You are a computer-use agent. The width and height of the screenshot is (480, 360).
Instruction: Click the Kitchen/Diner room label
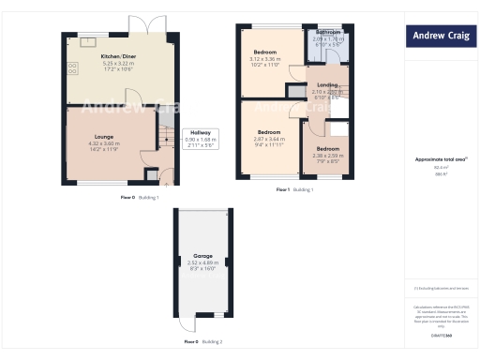tap(118, 56)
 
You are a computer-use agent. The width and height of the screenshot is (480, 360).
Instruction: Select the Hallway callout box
tap(201, 139)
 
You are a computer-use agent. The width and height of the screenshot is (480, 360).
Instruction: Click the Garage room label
tap(202, 256)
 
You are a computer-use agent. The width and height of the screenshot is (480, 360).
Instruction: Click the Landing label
tap(327, 84)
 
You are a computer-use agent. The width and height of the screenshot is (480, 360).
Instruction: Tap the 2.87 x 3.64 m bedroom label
tap(269, 132)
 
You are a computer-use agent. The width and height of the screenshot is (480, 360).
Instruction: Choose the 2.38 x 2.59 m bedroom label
tap(327, 149)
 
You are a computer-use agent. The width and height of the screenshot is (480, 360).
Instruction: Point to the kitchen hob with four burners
tap(71, 68)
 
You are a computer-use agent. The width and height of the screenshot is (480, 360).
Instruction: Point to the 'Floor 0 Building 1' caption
tap(140, 198)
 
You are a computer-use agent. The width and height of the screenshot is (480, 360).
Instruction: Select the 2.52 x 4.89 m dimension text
tap(202, 262)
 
